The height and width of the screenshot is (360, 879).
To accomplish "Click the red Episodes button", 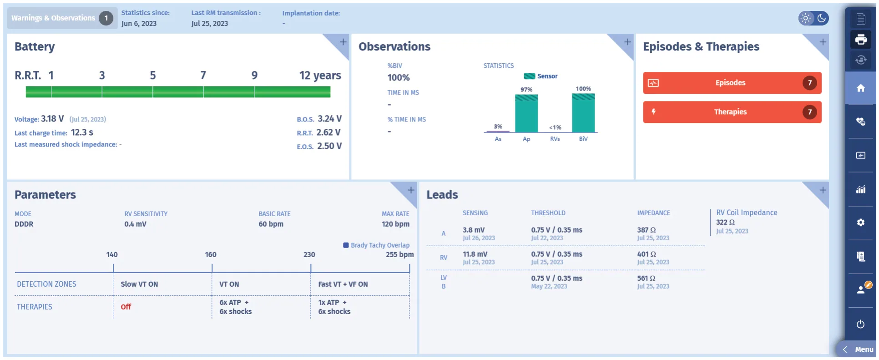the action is point(732,83).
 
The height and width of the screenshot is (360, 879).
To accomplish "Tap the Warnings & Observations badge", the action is point(62,18).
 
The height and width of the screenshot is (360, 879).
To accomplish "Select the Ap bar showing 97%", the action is point(526,113).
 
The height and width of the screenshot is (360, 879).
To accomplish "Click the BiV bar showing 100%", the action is point(583,113).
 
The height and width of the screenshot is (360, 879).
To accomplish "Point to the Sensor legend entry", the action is point(541,76).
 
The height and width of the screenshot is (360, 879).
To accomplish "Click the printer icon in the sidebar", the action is point(861,40).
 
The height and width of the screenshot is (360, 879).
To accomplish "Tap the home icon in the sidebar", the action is point(861,88).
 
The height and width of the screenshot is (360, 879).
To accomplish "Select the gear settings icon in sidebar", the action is point(861,223).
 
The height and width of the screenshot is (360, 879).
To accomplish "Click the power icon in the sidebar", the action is point(860,324).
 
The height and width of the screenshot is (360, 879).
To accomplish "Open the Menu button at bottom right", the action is point(858,350).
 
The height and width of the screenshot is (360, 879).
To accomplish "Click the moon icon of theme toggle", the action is point(822,18).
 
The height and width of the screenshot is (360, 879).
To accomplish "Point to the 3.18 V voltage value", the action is point(52,119).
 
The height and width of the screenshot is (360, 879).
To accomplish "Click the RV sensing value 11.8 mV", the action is point(475,254).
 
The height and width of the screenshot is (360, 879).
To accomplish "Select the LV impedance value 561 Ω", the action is point(646,278).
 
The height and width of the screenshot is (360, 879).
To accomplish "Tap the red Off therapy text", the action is point(126,307).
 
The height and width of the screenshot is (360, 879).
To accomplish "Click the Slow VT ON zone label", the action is point(139,284).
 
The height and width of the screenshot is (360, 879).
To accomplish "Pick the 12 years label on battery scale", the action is point(320,75).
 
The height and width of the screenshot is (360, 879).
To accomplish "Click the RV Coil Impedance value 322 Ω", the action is point(725,222).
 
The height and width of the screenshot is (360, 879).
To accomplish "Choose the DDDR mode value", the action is point(24,224).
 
